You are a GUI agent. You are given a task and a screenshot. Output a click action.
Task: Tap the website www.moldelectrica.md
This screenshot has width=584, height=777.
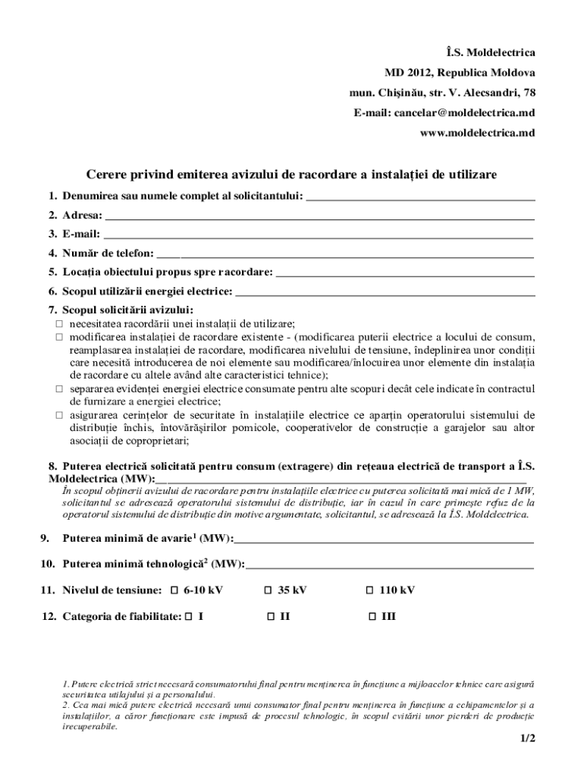click(x=477, y=132)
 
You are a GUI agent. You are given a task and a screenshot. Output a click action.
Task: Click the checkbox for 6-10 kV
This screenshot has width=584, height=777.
click(x=174, y=590)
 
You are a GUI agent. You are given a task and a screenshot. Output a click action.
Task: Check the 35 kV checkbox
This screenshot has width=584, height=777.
click(x=268, y=590)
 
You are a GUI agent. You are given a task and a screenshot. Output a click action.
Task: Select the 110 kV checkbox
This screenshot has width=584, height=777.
click(x=370, y=590)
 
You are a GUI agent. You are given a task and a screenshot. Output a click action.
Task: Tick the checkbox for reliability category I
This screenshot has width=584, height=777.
click(x=189, y=617)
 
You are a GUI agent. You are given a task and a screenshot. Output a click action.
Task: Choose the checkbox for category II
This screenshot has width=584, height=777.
click(x=270, y=617)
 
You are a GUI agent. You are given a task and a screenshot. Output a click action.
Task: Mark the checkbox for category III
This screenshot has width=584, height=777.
click(x=372, y=617)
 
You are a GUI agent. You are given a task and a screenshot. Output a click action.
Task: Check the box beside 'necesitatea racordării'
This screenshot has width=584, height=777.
click(x=58, y=323)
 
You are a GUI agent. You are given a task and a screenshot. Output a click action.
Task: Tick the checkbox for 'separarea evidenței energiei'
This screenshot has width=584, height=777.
click(x=58, y=388)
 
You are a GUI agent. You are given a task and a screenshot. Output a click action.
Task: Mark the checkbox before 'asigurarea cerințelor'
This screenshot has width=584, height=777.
click(x=58, y=415)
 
